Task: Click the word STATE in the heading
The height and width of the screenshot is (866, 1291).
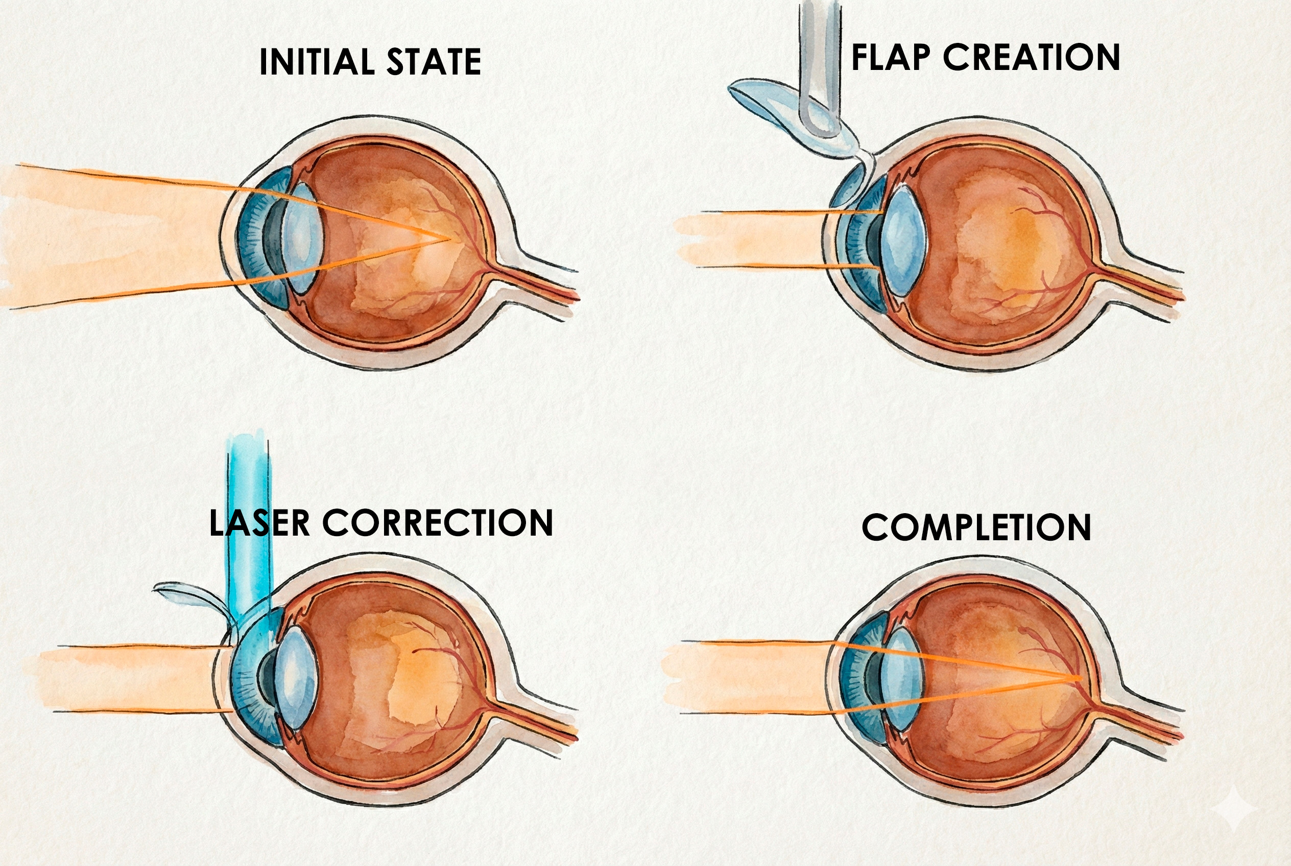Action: point(434,62)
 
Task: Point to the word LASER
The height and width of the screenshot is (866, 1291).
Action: point(259,523)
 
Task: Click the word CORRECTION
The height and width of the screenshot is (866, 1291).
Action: point(438,523)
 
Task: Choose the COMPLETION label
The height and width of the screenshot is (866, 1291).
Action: point(976,528)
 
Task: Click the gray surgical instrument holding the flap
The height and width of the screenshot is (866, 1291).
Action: point(819,66)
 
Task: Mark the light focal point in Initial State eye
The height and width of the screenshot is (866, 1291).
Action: point(447,239)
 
